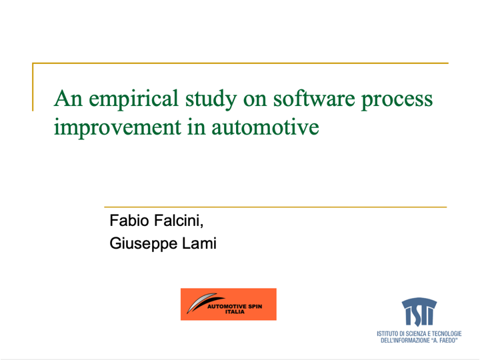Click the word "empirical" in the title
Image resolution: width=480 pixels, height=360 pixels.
pos(133,99)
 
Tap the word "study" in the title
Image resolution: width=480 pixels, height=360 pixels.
pos(211,99)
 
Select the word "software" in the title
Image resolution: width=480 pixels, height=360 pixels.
pos(314,99)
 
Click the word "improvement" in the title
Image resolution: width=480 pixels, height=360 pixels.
pos(117,128)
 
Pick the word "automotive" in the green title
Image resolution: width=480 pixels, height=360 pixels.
pos(265,127)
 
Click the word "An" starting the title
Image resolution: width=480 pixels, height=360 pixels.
pos(68,99)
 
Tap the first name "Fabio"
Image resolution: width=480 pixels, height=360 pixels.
pos(129,221)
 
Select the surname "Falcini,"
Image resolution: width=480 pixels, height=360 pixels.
pos(179,221)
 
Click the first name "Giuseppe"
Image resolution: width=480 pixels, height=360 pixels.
pos(143,244)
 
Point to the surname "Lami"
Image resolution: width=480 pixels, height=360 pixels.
pos(199,243)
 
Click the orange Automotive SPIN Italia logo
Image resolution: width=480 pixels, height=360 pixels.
pos(229,304)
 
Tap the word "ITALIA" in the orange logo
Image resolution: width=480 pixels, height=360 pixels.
pos(235,312)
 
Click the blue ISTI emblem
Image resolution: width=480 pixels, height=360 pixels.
pos(419,311)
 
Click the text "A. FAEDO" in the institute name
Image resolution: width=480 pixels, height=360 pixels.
pos(445,341)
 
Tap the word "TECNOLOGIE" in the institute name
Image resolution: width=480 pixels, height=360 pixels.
pos(447,334)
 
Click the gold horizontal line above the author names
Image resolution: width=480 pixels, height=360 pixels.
pos(275,207)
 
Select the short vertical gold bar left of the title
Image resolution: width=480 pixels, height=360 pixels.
pos(33,87)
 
